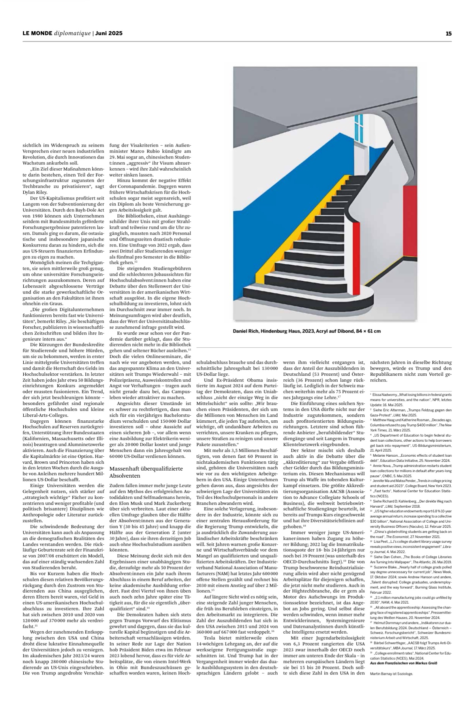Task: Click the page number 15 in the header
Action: point(448,34)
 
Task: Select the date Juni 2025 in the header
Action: point(109,34)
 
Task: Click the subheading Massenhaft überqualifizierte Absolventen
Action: point(143,472)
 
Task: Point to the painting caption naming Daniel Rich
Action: point(306,331)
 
